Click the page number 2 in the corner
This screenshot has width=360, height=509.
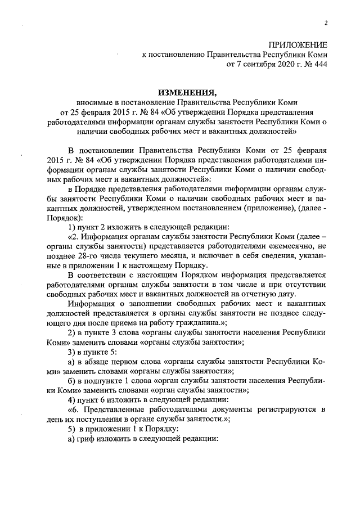[x=325, y=22]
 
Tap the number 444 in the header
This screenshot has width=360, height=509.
[x=319, y=65]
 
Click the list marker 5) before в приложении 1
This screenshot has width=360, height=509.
[x=72, y=430]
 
